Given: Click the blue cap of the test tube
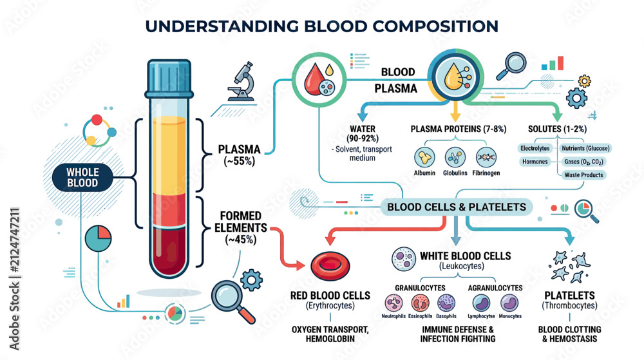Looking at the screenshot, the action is (169, 79).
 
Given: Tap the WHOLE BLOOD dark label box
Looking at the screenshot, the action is (82, 178).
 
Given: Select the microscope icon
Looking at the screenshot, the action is (242, 81).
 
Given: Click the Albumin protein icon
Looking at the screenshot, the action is (424, 157).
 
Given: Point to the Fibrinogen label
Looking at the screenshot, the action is (486, 173).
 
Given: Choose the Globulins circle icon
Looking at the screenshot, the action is (455, 157).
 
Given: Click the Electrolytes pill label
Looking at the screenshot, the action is (535, 148).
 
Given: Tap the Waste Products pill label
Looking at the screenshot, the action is (583, 175).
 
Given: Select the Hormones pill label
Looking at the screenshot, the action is (535, 162).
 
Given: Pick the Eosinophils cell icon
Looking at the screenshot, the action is (420, 303).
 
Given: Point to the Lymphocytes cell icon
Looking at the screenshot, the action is (481, 303).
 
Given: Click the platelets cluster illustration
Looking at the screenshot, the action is (570, 267).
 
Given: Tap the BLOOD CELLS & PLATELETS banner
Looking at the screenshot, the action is (457, 207).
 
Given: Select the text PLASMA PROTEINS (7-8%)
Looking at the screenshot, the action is (459, 129).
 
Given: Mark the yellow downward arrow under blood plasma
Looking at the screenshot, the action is (455, 111).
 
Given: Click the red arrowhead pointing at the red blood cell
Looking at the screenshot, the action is (299, 265).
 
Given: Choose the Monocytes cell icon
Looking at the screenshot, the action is (509, 303).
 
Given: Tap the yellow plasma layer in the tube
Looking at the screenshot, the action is (169, 155).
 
